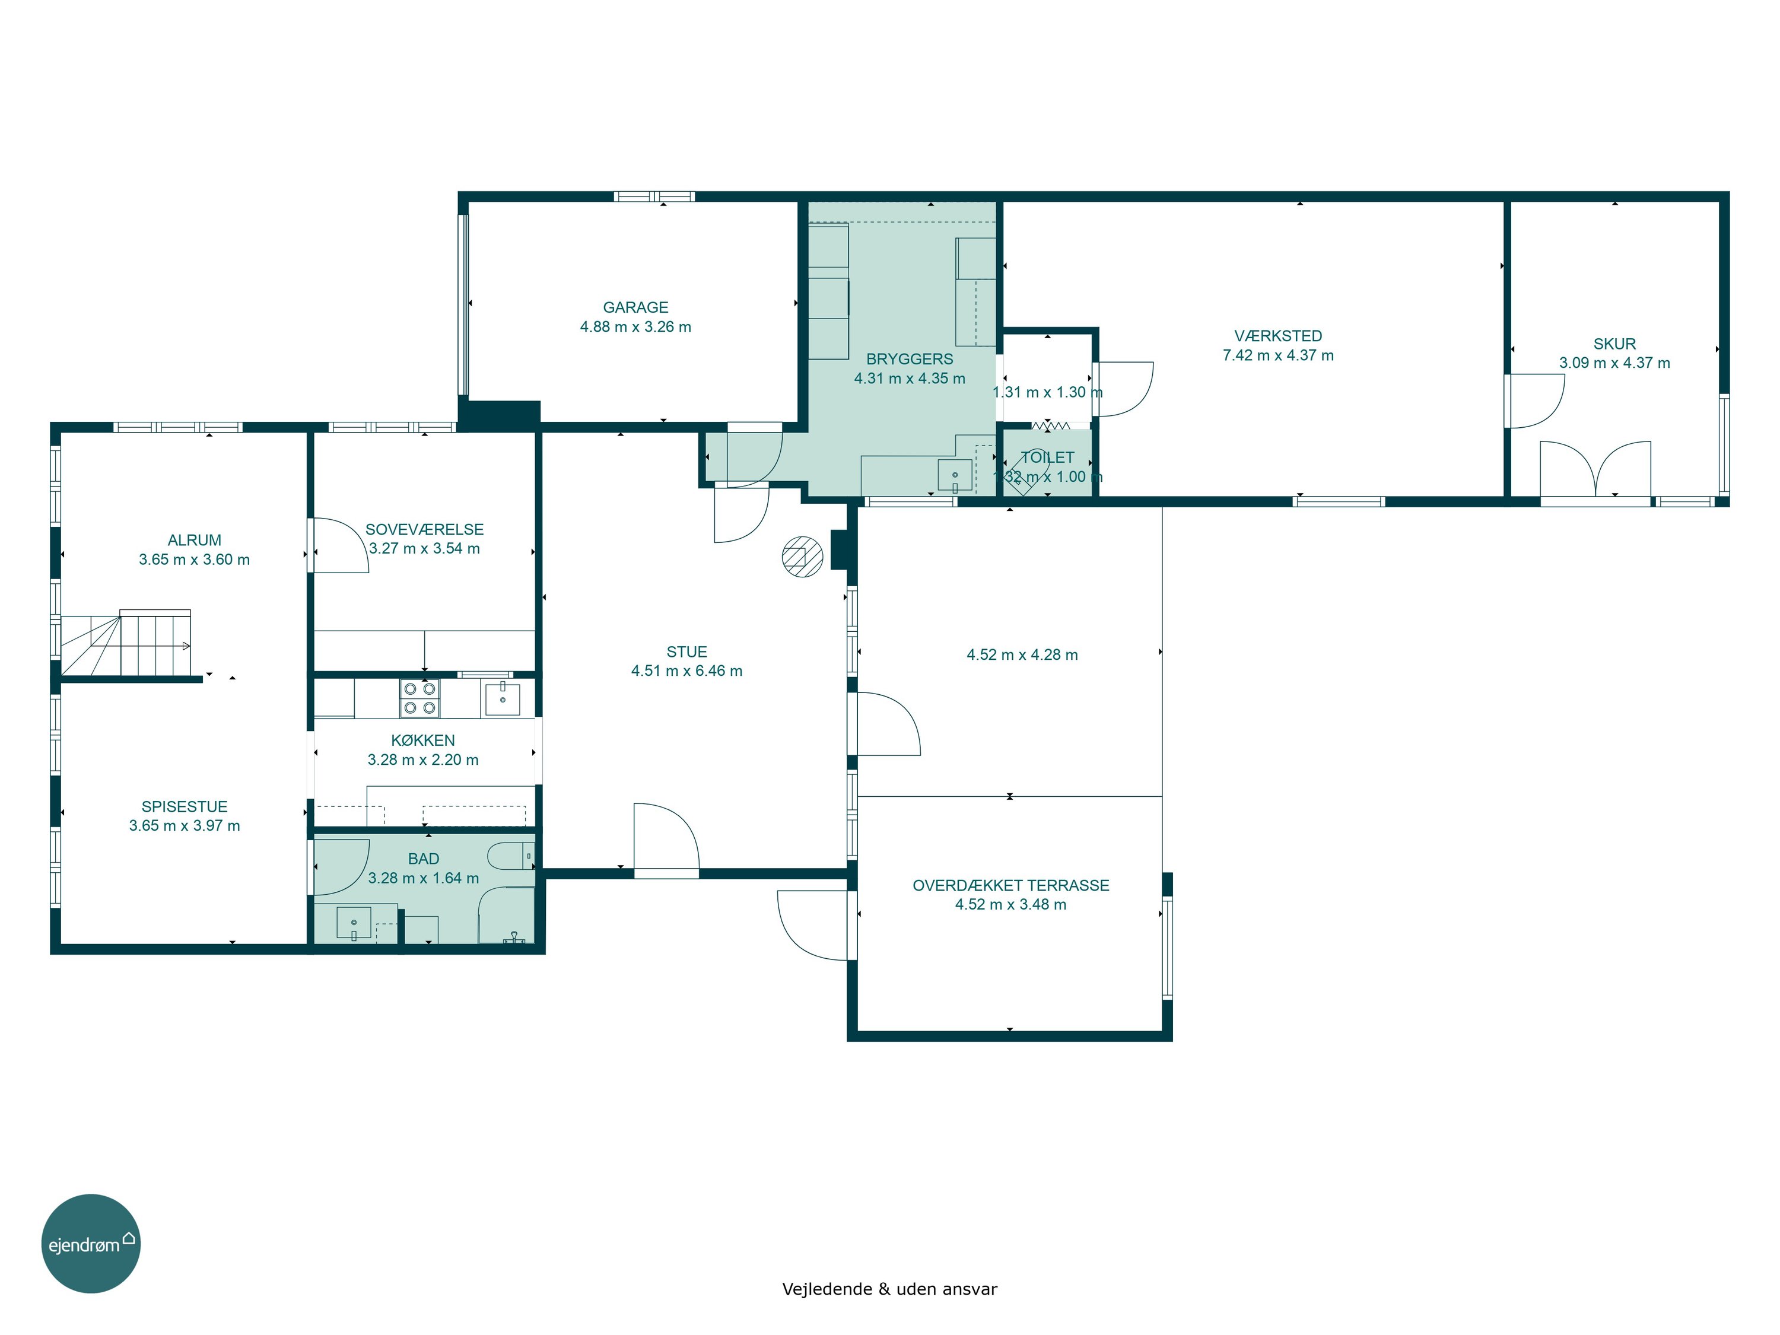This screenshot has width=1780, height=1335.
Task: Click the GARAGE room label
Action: point(635,307)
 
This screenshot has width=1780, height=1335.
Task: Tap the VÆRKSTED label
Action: point(1278,336)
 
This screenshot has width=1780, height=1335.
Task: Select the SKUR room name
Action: point(1614,344)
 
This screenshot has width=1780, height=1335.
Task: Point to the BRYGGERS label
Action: point(910,360)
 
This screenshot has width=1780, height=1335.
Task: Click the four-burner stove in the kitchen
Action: point(420,698)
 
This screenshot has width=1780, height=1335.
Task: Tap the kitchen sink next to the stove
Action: point(501,698)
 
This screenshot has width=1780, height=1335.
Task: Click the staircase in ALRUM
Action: point(126,644)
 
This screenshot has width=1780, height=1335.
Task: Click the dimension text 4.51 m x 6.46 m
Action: point(686,671)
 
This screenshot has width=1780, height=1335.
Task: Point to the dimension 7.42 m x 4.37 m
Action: point(1278,355)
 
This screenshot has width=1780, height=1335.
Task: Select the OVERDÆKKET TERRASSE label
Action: point(1010,886)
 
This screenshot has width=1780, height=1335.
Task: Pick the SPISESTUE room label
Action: point(185,807)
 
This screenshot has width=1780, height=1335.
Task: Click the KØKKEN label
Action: point(422,741)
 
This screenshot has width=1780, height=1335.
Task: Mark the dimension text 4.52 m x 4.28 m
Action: point(1022,655)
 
